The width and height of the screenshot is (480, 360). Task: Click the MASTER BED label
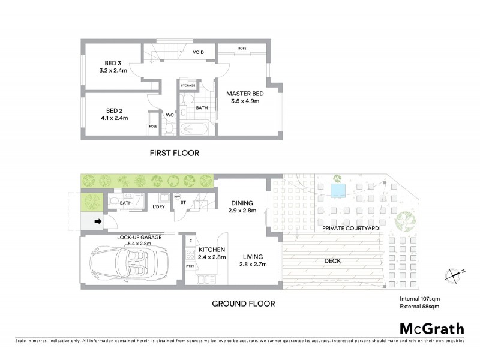pyautogui.click(x=244, y=93)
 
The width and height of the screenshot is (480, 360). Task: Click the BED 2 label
pyautogui.click(x=115, y=110)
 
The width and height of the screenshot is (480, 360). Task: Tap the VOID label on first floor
pyautogui.click(x=198, y=53)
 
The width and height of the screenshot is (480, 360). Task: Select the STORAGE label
pyautogui.click(x=188, y=86)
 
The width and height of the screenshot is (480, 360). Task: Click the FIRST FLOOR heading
pyautogui.click(x=174, y=154)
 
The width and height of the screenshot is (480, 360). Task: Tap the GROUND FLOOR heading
pyautogui.click(x=243, y=304)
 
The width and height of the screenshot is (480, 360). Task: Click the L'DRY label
pyautogui.click(x=159, y=206)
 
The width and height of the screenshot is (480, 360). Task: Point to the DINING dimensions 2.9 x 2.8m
pyautogui.click(x=242, y=211)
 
